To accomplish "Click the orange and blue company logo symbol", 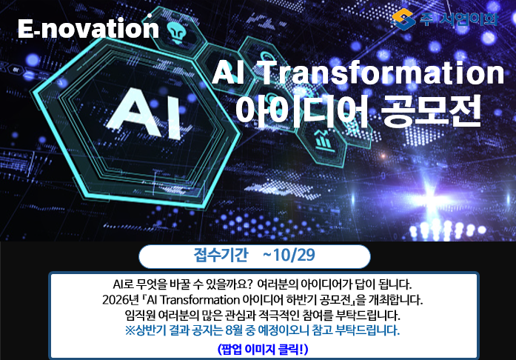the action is coord(403,19).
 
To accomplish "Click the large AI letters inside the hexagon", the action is coord(145,113).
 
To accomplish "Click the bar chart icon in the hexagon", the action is coord(324,140).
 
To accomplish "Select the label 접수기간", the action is coord(221,255).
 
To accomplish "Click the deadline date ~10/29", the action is coord(289,255).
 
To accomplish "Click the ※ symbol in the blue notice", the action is coord(130,330).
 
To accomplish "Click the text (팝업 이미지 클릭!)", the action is coord(263,350).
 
